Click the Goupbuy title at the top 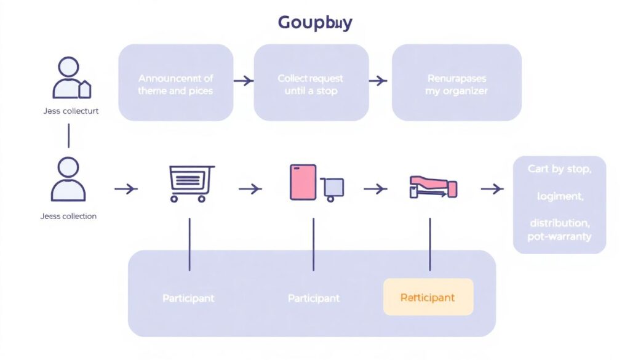tap(314, 23)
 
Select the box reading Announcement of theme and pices tap(175, 84)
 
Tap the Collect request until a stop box tap(310, 84)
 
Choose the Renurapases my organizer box tap(456, 84)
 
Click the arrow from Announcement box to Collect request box tap(244, 80)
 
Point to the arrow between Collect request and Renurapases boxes tap(378, 80)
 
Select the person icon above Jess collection tap(68, 179)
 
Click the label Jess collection tap(68, 216)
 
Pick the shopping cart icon tap(191, 183)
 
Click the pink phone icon tap(303, 182)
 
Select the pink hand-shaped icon tap(433, 186)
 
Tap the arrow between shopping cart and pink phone tap(250, 188)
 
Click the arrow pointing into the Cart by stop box tap(492, 188)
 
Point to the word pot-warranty tap(559, 237)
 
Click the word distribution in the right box tap(559, 222)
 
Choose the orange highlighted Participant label tap(428, 297)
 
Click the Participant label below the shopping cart tap(188, 298)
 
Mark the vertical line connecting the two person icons tap(68, 135)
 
